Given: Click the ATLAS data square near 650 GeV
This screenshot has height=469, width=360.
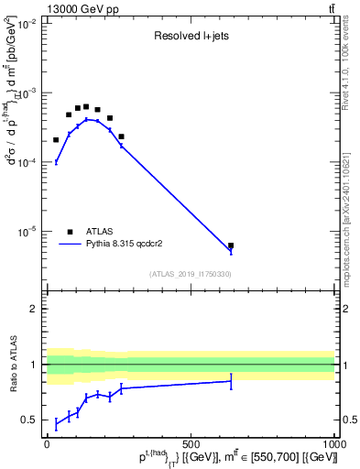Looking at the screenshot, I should (x=231, y=245).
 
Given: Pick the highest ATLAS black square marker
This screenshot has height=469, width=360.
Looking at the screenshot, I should (x=86, y=106).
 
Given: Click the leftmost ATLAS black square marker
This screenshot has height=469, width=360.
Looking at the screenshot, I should (x=56, y=140).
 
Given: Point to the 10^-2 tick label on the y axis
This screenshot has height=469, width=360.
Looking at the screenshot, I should (x=25, y=25).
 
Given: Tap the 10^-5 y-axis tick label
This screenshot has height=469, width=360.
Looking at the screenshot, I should (x=25, y=231).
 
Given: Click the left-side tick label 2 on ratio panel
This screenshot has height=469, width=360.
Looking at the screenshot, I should (x=33, y=309).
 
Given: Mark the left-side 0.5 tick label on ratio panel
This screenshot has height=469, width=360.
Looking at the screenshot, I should (x=29, y=420).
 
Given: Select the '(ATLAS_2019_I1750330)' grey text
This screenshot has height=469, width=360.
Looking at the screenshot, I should (x=190, y=274).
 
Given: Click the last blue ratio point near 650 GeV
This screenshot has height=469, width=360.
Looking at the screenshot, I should (x=231, y=381).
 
